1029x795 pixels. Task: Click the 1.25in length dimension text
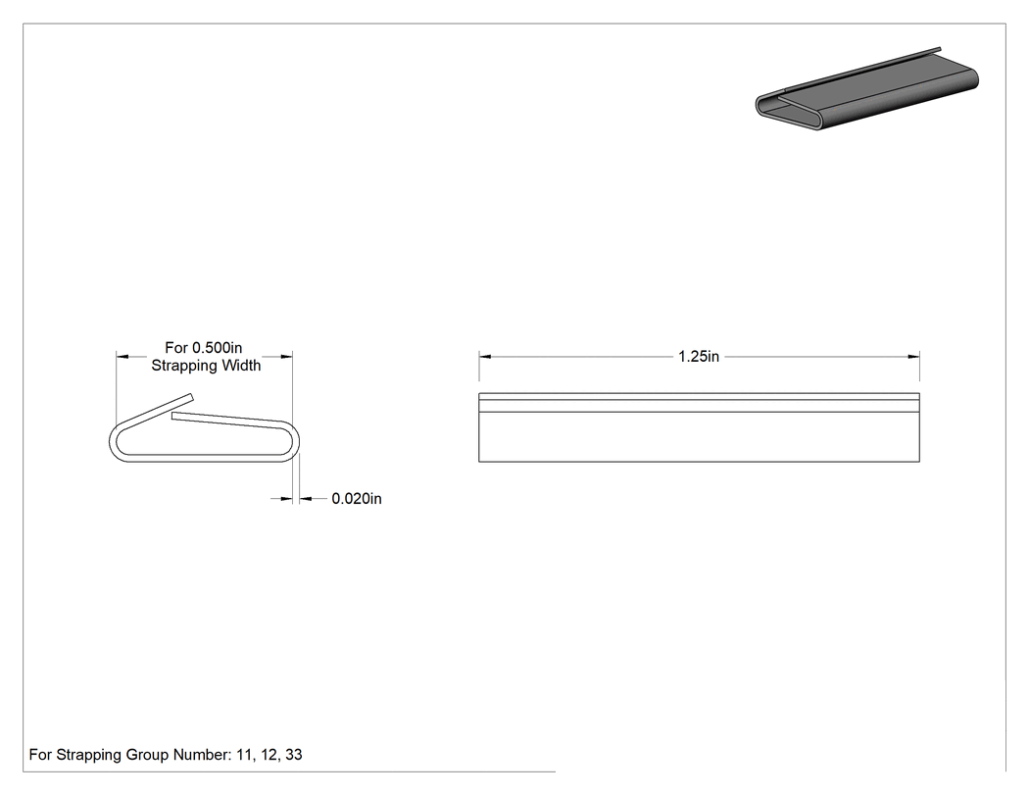[x=698, y=357]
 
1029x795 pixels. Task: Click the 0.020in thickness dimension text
[x=357, y=499]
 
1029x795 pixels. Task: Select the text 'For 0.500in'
[x=204, y=347]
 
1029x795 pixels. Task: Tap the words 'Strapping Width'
[x=206, y=365]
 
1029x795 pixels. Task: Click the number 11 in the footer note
[x=244, y=755]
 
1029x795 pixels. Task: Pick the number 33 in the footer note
[x=294, y=755]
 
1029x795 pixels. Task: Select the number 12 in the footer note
[x=269, y=755]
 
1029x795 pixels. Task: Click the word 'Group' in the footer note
[x=147, y=755]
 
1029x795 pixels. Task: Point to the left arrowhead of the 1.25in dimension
[x=485, y=357]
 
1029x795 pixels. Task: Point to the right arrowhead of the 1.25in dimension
[x=912, y=357]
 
